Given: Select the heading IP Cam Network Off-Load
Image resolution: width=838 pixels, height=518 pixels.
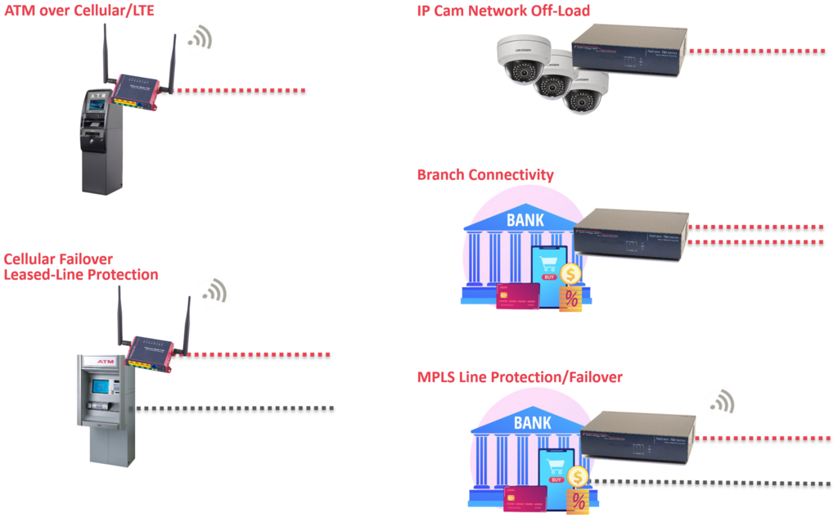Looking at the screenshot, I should click(503, 11).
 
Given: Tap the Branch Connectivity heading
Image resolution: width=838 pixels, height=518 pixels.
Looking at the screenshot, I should click(485, 175).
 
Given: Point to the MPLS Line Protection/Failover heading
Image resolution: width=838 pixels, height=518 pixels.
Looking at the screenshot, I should click(520, 377).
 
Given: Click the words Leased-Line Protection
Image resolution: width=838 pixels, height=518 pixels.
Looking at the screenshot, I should click(81, 275).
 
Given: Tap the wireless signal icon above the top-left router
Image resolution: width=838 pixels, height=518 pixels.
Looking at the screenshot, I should click(199, 38).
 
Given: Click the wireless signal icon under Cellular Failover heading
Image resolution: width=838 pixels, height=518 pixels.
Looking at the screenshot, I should click(214, 291).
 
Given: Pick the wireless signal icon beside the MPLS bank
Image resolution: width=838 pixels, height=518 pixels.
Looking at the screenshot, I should click(721, 401).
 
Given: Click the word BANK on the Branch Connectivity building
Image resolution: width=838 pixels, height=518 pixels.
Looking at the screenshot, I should click(525, 221).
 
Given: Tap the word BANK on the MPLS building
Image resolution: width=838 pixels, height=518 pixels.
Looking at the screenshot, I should click(533, 423).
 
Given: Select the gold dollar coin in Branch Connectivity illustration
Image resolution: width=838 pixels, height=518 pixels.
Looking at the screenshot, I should click(570, 274).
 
